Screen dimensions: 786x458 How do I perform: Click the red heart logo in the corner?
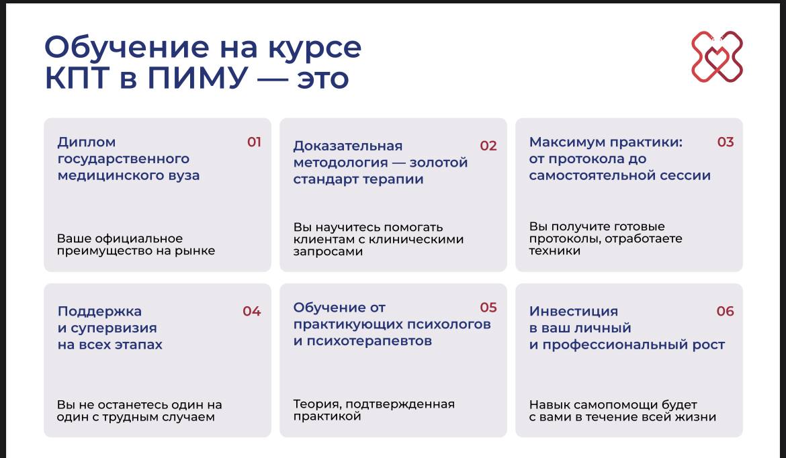coord(717,56)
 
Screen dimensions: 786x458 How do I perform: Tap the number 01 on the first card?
coord(254,142)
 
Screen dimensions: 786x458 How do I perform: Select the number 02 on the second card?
coord(488,146)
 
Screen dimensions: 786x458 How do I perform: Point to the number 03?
coord(726,142)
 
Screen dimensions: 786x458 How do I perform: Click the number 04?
coord(252,312)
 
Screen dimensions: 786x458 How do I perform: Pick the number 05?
coord(488,308)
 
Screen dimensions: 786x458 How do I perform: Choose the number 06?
coord(726,311)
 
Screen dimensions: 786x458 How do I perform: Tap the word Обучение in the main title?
coord(127,48)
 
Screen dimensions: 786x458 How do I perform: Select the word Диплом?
coord(87,143)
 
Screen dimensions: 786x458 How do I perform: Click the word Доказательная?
coord(348,146)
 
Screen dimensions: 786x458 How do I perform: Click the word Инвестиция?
coord(574,312)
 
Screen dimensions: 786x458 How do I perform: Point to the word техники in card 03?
coord(554,250)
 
